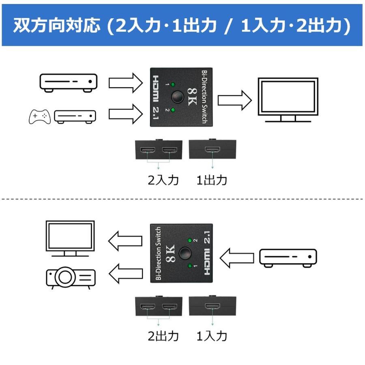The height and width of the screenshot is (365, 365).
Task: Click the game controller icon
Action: tap(39, 116)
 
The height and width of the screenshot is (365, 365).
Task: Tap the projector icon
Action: tap(70, 277)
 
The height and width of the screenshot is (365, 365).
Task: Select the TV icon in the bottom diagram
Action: tap(70, 238)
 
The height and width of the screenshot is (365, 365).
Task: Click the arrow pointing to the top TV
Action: tap(236, 99)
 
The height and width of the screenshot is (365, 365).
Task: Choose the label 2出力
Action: tap(163, 336)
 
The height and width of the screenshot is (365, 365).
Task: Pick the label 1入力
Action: tap(212, 336)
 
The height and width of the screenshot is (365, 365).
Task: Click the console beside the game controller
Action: tap(75, 117)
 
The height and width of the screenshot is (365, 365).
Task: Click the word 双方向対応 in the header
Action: tap(56, 26)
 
